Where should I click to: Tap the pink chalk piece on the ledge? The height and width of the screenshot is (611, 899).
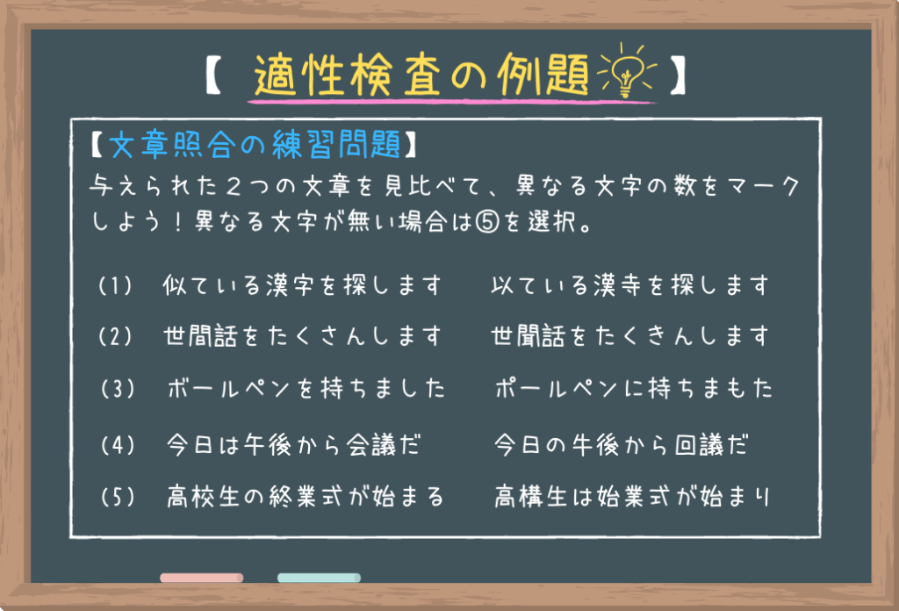202,578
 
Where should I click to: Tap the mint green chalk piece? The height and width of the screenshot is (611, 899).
319,578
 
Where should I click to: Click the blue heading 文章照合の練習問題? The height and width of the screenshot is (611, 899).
255,144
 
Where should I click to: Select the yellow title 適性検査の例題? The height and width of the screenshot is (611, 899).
421,75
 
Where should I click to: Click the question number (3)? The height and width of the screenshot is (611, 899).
119,389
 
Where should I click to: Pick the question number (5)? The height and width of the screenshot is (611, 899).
119,497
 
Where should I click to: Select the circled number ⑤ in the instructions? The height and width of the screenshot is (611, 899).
487,222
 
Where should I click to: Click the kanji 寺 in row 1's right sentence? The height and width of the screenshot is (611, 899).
629,284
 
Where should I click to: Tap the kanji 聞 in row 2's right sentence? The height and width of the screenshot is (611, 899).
528,336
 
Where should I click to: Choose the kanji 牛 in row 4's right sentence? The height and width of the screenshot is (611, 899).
582,445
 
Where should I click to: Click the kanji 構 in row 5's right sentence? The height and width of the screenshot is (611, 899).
531,497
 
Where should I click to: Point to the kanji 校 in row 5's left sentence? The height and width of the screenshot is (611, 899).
203,496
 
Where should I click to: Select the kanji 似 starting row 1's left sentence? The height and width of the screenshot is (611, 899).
175,284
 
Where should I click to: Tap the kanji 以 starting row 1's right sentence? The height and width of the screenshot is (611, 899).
503,284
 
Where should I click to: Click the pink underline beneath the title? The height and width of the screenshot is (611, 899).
451,102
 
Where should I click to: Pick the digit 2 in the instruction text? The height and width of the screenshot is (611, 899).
234,186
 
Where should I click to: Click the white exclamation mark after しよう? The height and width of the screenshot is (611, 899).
178,222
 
